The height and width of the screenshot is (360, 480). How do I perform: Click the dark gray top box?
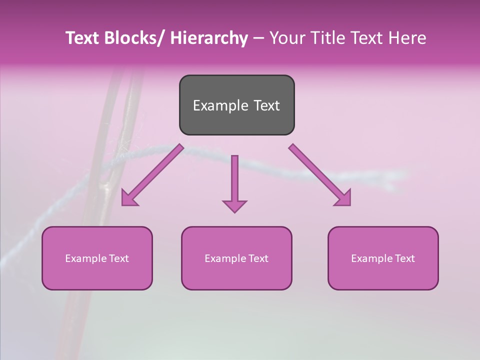click(x=236, y=105)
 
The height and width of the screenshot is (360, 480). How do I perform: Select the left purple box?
click(x=97, y=258)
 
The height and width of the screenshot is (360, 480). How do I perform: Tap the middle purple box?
click(x=236, y=258)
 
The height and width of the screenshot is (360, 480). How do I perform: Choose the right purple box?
click(x=383, y=258)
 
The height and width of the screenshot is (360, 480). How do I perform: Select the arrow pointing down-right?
click(x=320, y=175)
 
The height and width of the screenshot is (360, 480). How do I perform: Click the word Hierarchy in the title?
click(x=209, y=38)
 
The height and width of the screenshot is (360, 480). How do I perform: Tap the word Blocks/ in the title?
click(x=136, y=38)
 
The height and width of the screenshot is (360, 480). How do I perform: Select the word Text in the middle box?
click(x=258, y=258)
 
